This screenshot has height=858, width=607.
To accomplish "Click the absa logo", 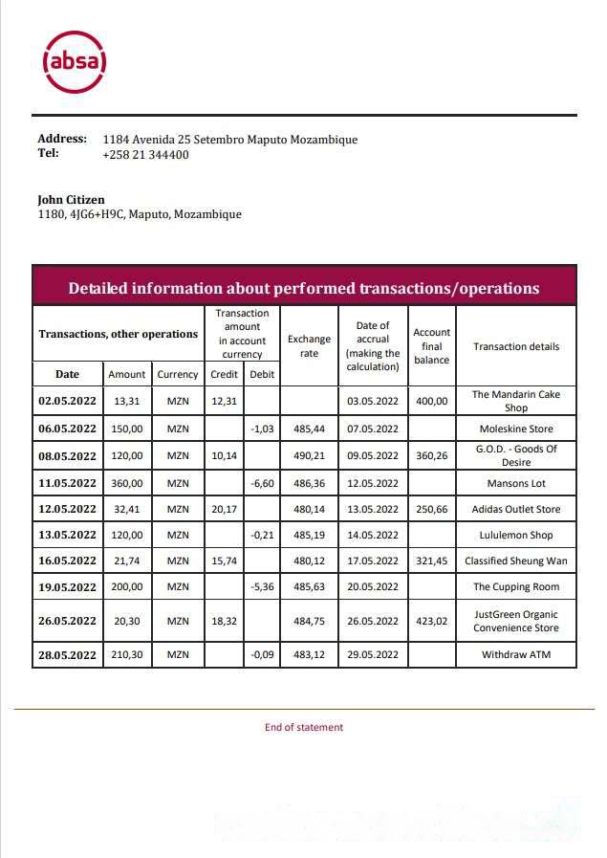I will pos(75,61).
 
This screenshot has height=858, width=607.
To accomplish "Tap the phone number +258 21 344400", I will pos(145,154).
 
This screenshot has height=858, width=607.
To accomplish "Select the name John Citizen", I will pos(71,199).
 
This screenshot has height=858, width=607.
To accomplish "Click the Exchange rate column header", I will pos(309,346).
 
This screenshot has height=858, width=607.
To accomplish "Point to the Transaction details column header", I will pos(516,346).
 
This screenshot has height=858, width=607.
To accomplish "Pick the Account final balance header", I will pos(431,346).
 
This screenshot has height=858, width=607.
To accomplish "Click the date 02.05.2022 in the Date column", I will pos(67,401).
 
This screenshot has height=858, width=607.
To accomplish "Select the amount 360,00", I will pos(126,483).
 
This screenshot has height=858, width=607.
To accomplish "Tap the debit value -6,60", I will pos(262,483).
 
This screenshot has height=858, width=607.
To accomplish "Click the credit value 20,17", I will pos(224,509).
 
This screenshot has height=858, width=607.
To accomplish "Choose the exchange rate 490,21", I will pos(309,455).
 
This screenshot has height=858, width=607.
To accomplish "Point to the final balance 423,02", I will pos(431,621).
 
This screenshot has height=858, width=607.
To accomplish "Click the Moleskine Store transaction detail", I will pos(516,429).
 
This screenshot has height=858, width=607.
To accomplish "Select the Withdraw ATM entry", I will pos(516,654).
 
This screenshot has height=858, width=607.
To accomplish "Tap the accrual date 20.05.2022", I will pos(372,586).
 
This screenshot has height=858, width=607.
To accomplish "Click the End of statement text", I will pos(303,727).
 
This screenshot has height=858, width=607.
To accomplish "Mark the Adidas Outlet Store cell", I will pos(516,509).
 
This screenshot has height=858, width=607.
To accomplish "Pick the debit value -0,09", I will pos(262,654).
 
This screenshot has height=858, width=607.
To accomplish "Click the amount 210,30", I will pos(126,654).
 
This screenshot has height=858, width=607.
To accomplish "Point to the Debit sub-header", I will pos(262,374).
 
